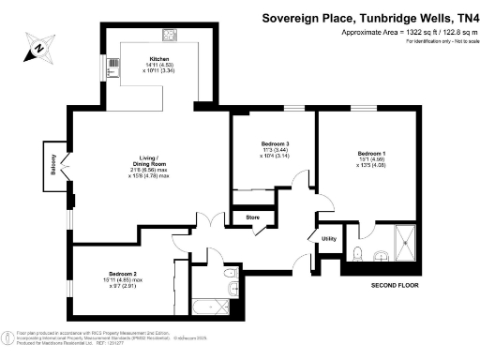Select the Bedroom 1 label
click(371, 153)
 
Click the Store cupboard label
click(252, 217)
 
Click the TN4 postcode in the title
click(459, 16)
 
